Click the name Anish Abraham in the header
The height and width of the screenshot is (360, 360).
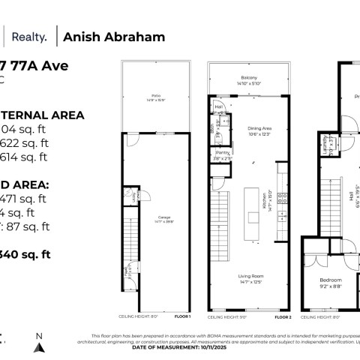(115, 37)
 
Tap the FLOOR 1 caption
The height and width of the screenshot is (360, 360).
(182, 316)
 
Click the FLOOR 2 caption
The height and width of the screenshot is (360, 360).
(283, 316)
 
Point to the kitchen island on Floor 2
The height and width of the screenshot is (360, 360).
(251, 209)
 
